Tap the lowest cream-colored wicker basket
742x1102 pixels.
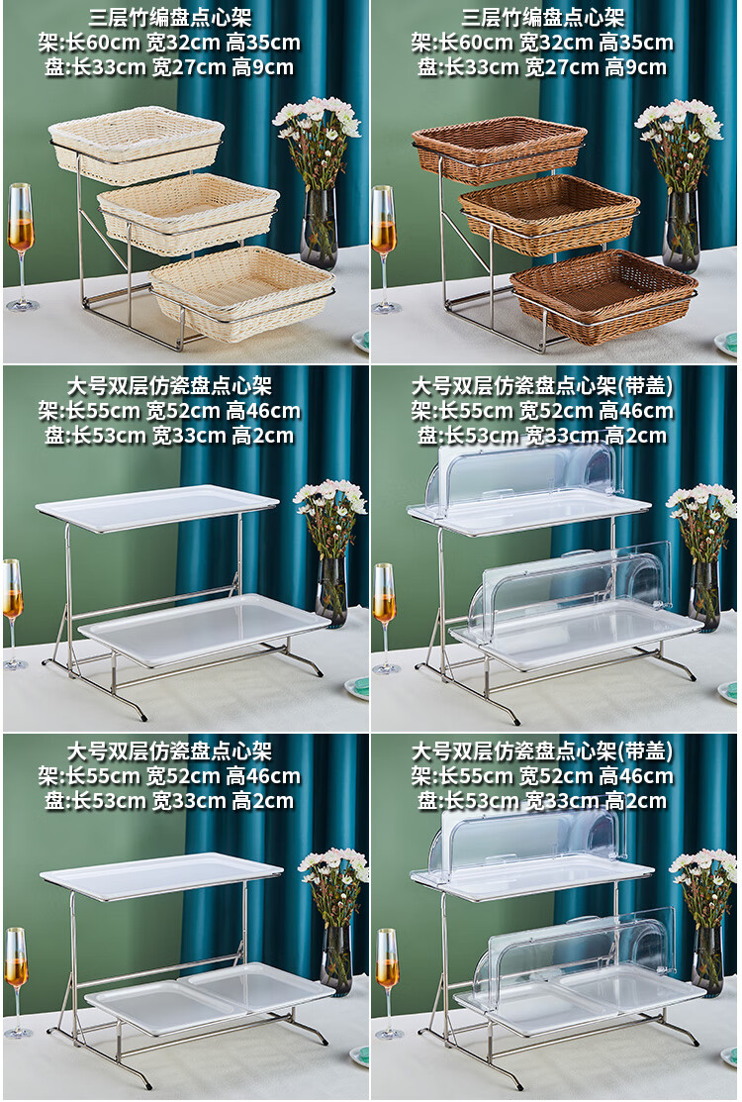coord(242,292)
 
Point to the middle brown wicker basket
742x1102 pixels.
coord(550,212)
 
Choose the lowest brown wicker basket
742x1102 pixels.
coord(603,295)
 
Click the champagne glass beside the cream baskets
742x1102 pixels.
coord(21,246)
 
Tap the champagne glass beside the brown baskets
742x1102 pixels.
coord(384,249)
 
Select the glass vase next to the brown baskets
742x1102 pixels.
coord(681,231)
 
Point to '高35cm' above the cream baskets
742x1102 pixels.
coord(263,43)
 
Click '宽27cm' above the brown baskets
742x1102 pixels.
coord(558,67)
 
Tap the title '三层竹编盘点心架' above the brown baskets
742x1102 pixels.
coord(542,17)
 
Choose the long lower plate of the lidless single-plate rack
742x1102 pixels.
coord(204,629)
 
